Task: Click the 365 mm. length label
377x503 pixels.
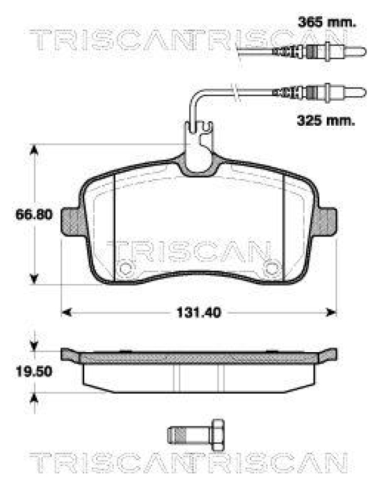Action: (325, 23)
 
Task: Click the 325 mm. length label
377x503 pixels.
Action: (325, 119)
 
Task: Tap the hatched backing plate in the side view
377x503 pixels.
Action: (199, 357)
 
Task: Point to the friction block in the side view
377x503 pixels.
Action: (199, 376)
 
